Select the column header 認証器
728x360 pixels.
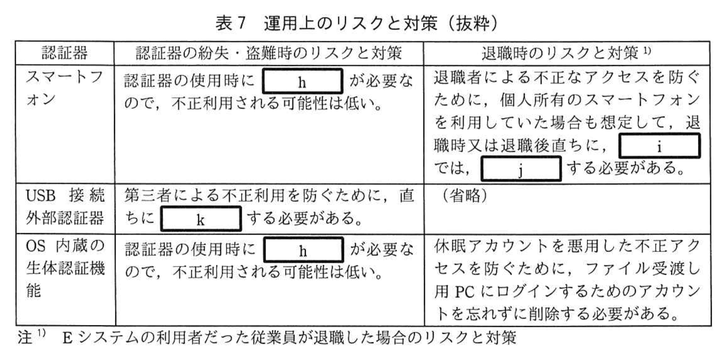click(x=65, y=53)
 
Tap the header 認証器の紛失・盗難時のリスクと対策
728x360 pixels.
click(x=268, y=53)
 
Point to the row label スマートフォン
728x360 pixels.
click(x=65, y=88)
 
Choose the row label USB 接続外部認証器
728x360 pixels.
click(x=65, y=207)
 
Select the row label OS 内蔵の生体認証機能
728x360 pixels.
click(x=65, y=268)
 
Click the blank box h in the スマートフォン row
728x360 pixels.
click(x=302, y=81)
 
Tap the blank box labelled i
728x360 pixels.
click(x=659, y=146)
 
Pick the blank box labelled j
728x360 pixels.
click(x=520, y=169)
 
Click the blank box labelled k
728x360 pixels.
click(x=201, y=219)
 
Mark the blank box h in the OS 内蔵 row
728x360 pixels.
click(x=303, y=250)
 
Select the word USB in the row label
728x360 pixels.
click(x=41, y=196)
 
